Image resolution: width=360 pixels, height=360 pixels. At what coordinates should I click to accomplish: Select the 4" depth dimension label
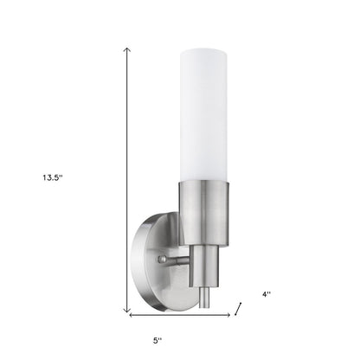(x=267, y=293)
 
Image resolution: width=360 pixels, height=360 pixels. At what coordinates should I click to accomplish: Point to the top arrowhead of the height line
(x=128, y=49)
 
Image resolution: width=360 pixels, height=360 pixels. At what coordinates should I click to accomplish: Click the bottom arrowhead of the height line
(x=128, y=311)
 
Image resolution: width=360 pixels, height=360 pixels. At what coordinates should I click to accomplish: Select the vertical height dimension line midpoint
(x=128, y=180)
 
